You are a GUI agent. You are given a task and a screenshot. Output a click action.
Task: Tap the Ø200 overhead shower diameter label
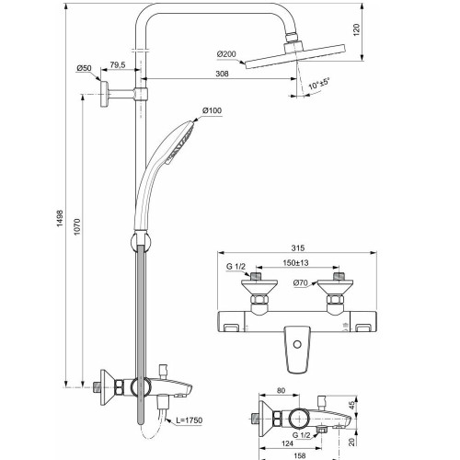point(228,54)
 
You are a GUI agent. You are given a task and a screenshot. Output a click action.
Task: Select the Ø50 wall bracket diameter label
point(83,69)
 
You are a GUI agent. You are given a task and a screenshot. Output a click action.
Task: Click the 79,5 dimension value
point(118,64)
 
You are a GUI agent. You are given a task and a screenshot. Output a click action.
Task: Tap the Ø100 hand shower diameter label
point(213,111)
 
